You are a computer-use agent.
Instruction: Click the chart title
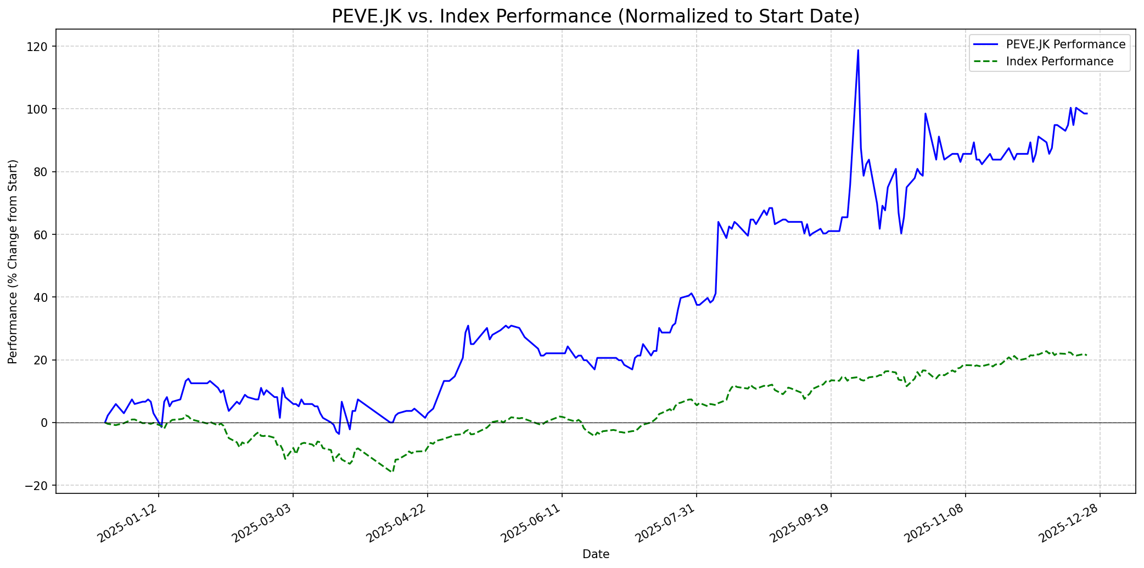(596, 16)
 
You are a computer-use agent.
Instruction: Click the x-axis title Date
(596, 554)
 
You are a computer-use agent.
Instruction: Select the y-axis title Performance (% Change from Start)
(13, 261)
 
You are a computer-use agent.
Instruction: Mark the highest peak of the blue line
(858, 50)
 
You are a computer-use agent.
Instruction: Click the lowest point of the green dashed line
(392, 472)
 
